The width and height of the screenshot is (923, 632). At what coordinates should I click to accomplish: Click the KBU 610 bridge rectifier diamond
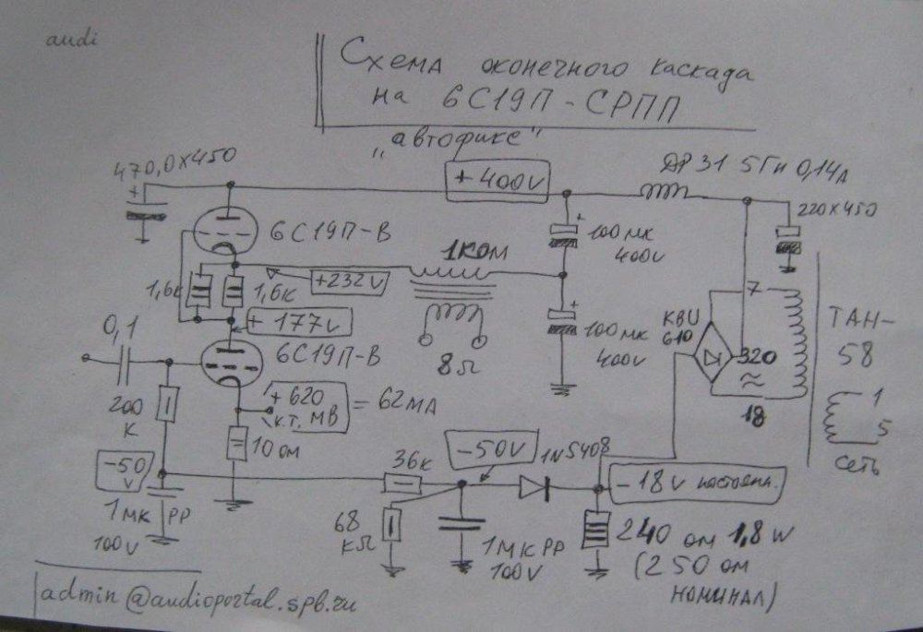pyautogui.click(x=717, y=357)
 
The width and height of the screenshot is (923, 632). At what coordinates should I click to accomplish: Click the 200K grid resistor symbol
pyautogui.click(x=167, y=402)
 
